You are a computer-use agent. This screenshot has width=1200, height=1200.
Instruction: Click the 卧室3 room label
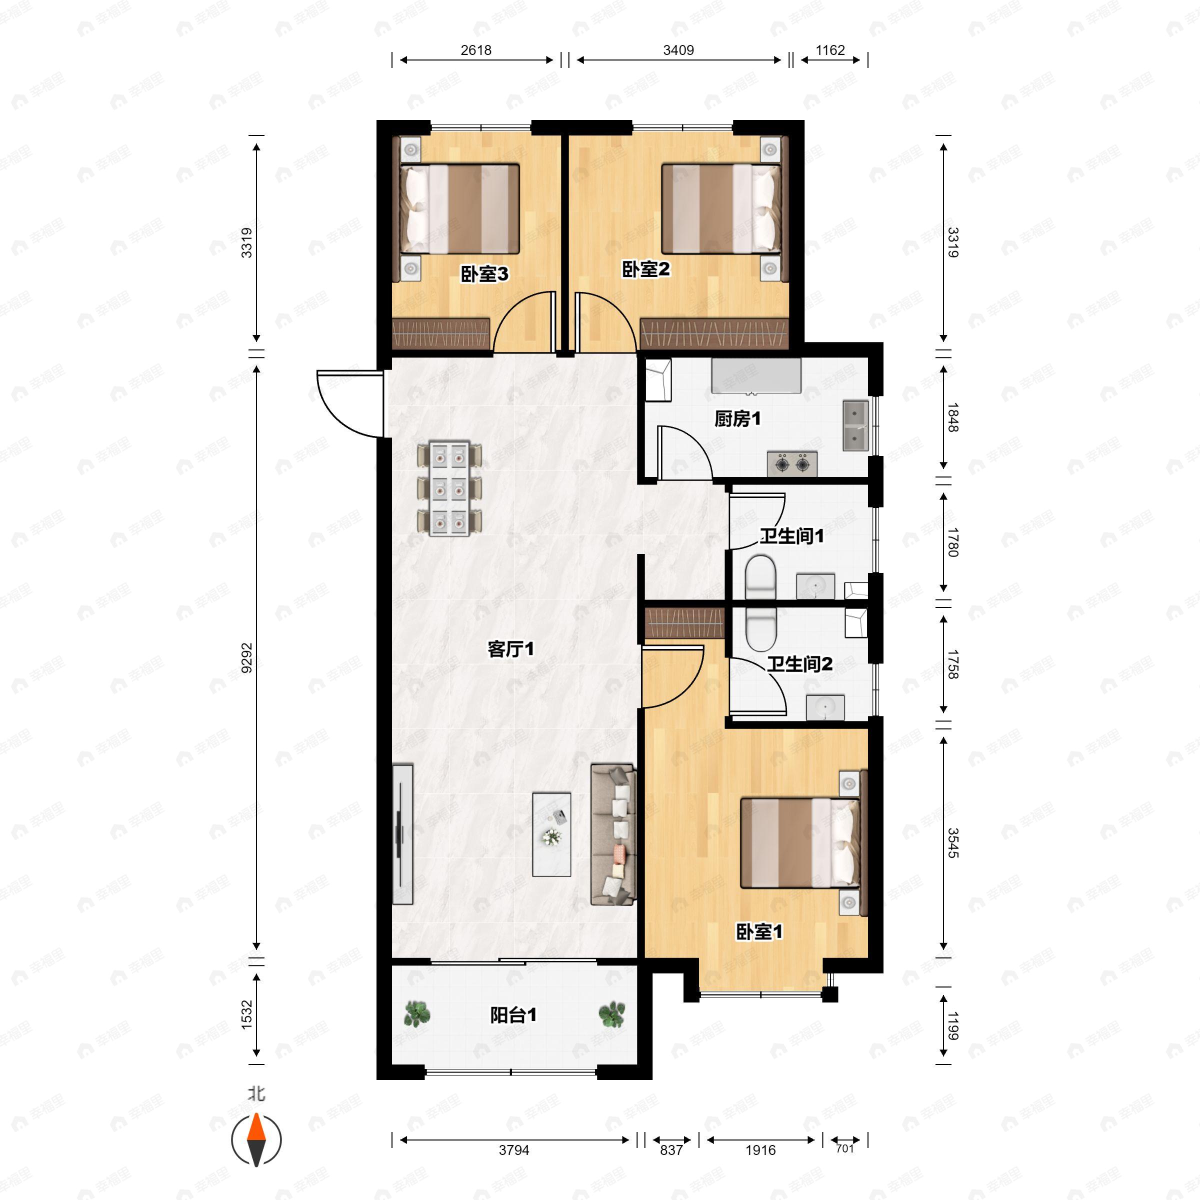[484, 274]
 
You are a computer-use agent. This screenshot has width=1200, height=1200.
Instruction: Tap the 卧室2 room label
[646, 269]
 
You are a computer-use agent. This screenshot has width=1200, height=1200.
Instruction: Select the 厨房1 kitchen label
[737, 419]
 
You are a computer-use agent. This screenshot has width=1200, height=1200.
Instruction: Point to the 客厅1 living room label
[510, 649]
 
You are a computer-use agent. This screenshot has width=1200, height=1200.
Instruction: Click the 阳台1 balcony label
[513, 1015]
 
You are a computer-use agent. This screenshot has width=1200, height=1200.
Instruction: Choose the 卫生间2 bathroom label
[799, 664]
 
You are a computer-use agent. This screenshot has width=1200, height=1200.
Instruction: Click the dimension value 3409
[678, 50]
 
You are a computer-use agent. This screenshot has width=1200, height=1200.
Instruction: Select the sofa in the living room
[613, 834]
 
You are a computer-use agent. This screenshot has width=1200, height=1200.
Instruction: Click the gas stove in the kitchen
[792, 463]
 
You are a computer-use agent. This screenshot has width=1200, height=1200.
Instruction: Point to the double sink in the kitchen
[855, 425]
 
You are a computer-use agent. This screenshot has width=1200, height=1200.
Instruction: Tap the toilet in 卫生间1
[760, 577]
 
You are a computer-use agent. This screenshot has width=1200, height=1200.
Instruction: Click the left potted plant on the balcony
[417, 1015]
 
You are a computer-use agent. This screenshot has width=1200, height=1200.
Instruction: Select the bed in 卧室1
[799, 843]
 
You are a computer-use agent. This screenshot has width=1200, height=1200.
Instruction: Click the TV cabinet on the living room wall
[402, 834]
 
